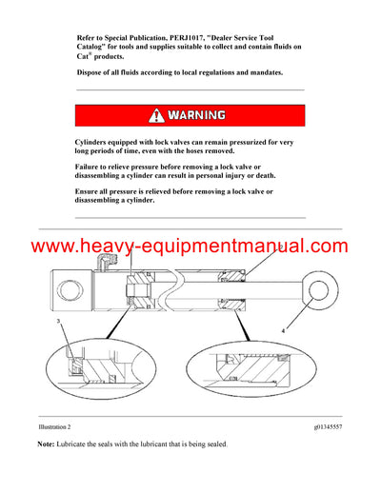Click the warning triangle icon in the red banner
[x=155, y=116]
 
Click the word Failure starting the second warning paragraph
[x=93, y=166]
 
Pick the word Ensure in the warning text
[x=92, y=190]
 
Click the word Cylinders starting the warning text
[x=99, y=141]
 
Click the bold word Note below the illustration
[x=46, y=445]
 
